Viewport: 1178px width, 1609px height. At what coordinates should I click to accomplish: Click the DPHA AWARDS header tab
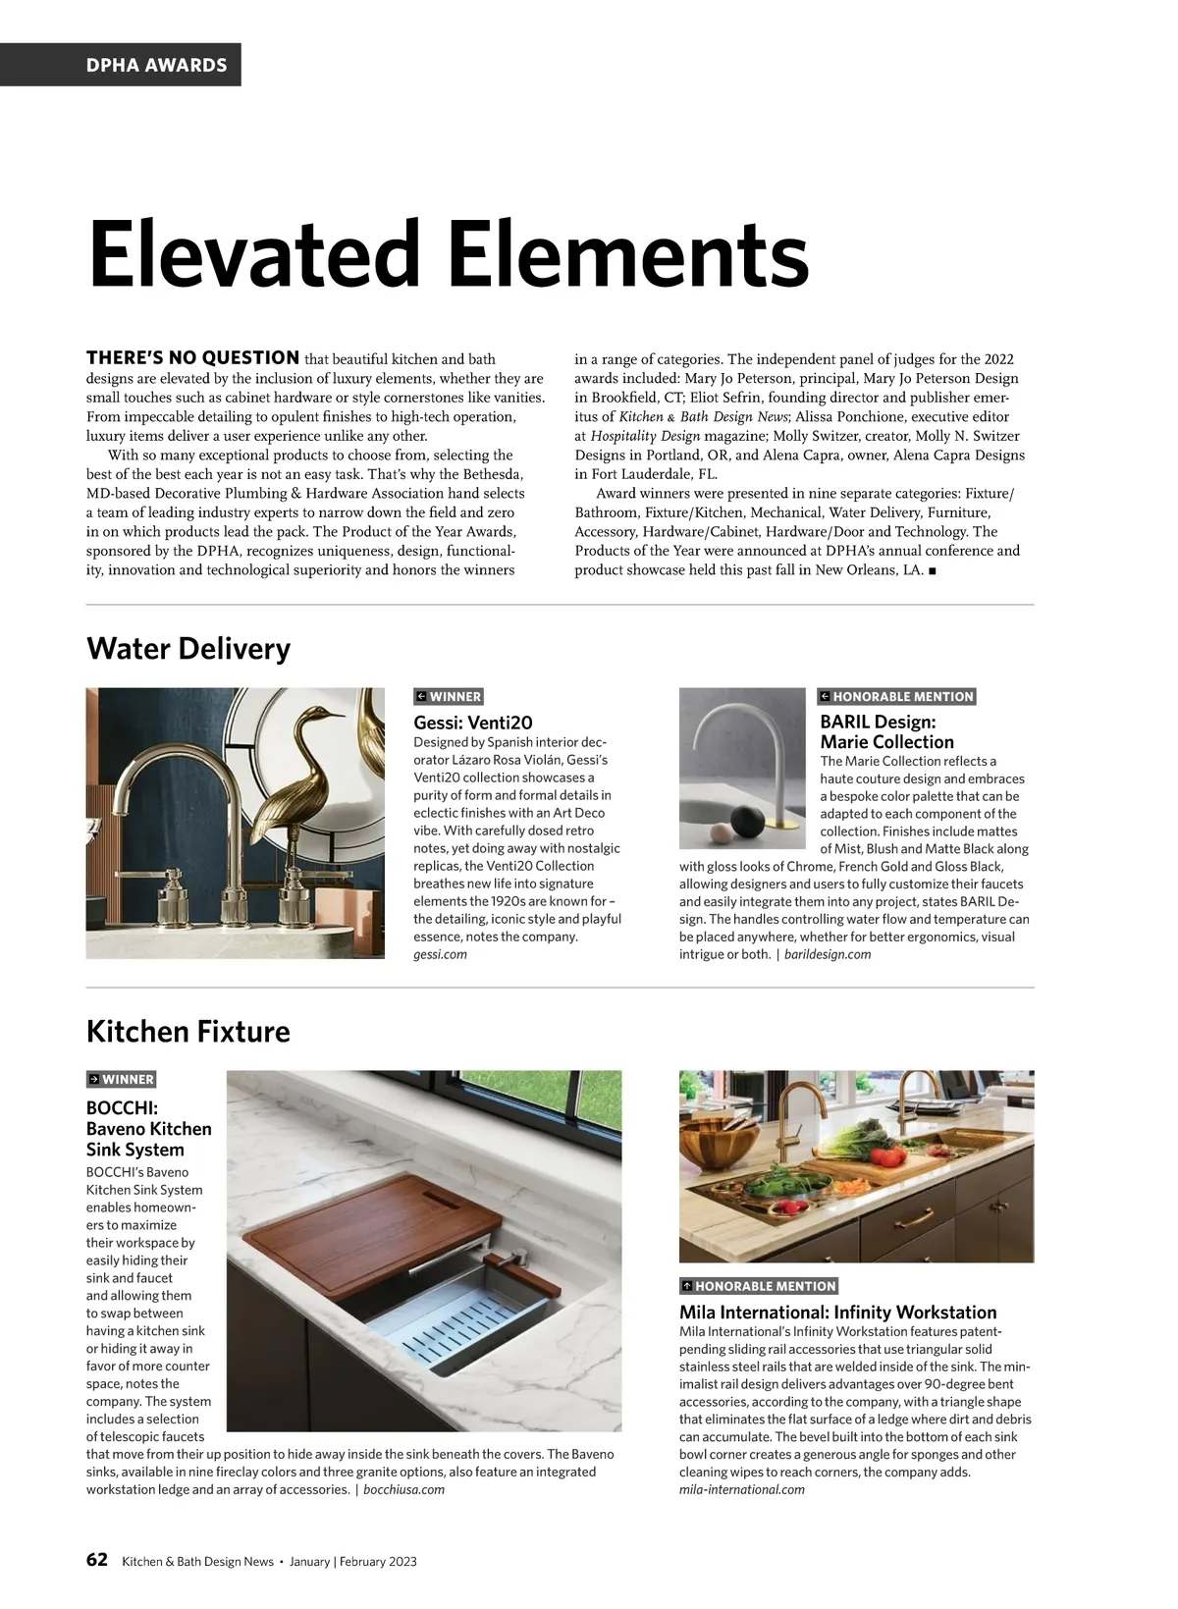(156, 65)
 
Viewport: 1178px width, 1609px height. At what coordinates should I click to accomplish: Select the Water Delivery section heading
(188, 649)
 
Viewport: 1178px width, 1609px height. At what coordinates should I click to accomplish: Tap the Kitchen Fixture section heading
(188, 1032)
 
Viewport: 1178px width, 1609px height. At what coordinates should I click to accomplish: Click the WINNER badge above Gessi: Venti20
(449, 697)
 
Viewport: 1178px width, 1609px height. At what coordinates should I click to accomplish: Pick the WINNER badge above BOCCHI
(122, 1079)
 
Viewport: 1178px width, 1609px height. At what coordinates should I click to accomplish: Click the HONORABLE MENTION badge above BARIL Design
(896, 697)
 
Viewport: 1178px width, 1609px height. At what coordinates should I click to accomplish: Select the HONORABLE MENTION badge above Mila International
(759, 1286)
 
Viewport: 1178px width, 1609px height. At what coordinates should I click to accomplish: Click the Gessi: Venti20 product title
(473, 723)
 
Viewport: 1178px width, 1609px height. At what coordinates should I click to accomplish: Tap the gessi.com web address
(440, 954)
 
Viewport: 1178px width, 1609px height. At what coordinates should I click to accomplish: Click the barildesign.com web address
(827, 954)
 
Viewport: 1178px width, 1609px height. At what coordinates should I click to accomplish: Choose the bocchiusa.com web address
(403, 1489)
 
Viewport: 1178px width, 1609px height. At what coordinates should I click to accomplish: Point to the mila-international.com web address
(741, 1489)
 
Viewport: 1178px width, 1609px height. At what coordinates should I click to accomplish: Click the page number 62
(97, 1560)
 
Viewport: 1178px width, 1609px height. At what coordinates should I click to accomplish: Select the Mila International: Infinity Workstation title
(837, 1313)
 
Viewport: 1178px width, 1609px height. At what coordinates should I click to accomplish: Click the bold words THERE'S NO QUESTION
(192, 358)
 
